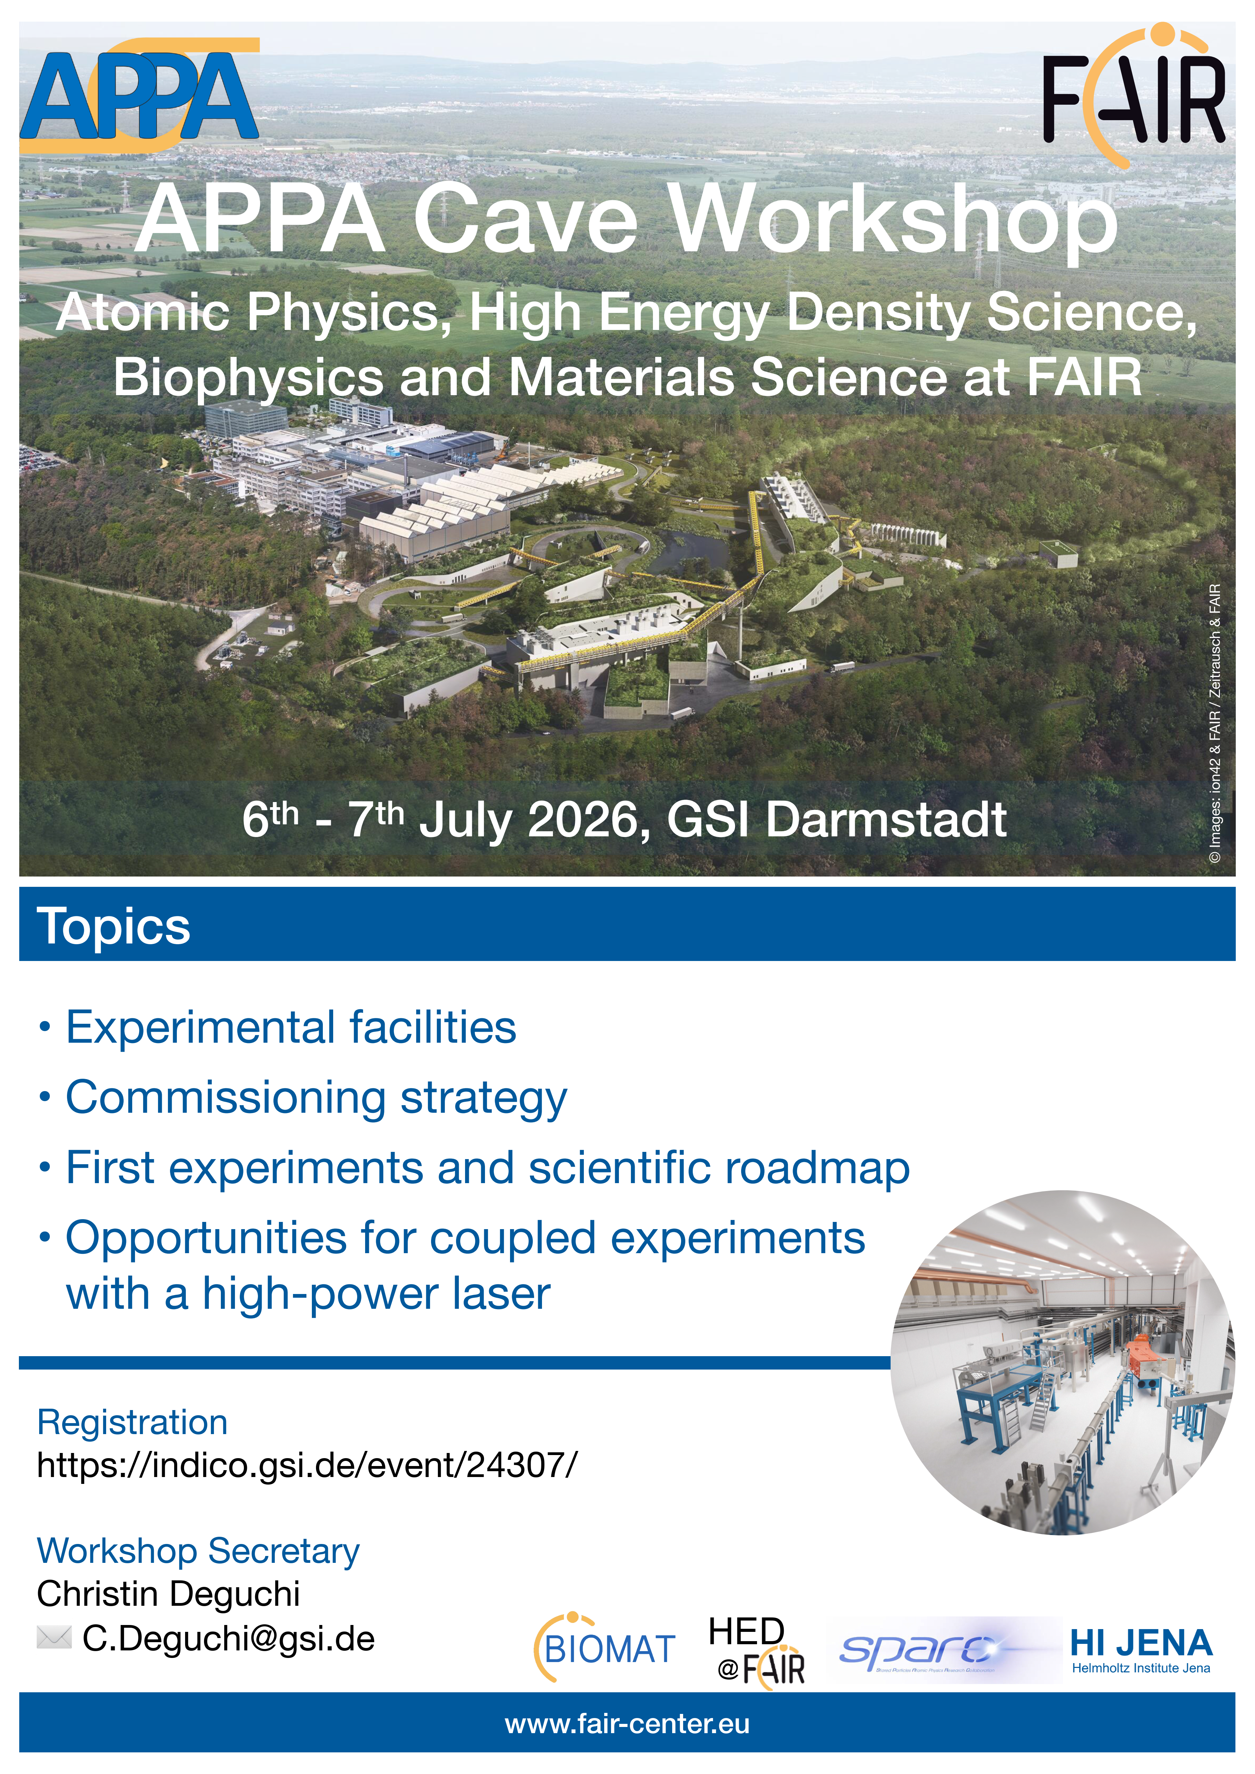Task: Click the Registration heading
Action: click(x=132, y=1422)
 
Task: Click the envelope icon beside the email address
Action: click(x=54, y=1636)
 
